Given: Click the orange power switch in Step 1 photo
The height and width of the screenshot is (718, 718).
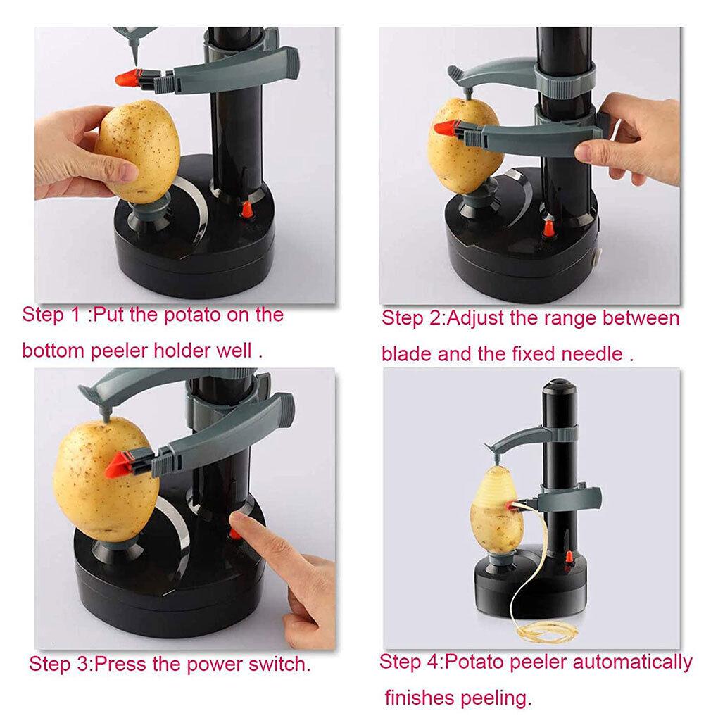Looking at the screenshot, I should click(247, 210).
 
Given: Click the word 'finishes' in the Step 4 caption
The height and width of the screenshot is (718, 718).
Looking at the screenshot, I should click(420, 698).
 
